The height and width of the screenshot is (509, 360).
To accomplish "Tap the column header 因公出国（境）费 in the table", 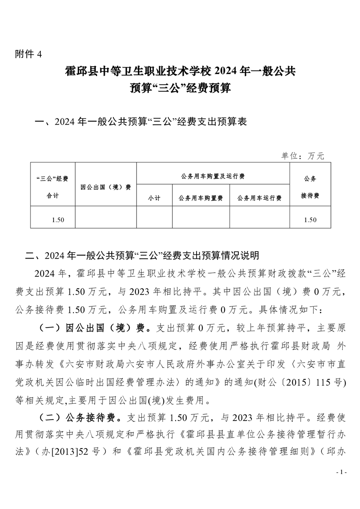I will (105, 187).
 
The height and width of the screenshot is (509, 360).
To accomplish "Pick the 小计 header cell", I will (154, 198).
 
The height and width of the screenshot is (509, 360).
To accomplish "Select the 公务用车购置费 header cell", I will (201, 198).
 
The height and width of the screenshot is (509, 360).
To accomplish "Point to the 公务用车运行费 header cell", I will (259, 198).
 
